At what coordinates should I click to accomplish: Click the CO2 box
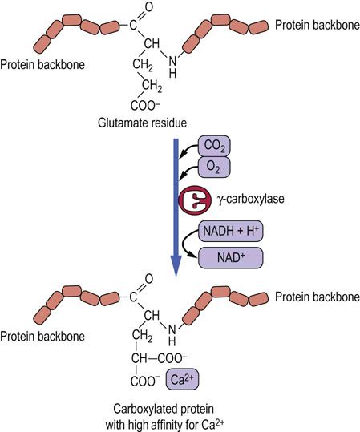coord(214,146)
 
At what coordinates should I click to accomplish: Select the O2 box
coord(214,167)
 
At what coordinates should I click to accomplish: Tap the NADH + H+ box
coord(231,231)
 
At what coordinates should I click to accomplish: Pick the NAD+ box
coord(231,258)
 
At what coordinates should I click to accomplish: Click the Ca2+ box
coord(182,379)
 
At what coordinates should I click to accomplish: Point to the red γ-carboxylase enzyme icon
coord(195,200)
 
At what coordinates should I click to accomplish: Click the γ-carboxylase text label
coord(251,199)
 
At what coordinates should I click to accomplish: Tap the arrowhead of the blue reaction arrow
coord(176,266)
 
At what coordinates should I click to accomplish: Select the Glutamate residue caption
coord(142,123)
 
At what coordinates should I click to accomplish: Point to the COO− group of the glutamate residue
coord(145,106)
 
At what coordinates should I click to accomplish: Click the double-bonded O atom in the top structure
coord(149,7)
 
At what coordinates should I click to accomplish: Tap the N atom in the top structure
coord(172,61)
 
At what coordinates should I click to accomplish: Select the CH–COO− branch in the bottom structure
coord(160,358)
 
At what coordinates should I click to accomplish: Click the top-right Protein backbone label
coord(318,25)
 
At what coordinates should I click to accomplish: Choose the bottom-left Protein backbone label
coord(42,337)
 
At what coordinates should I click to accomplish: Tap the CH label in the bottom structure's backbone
coord(152,315)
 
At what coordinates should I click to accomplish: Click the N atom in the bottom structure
coord(172,329)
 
